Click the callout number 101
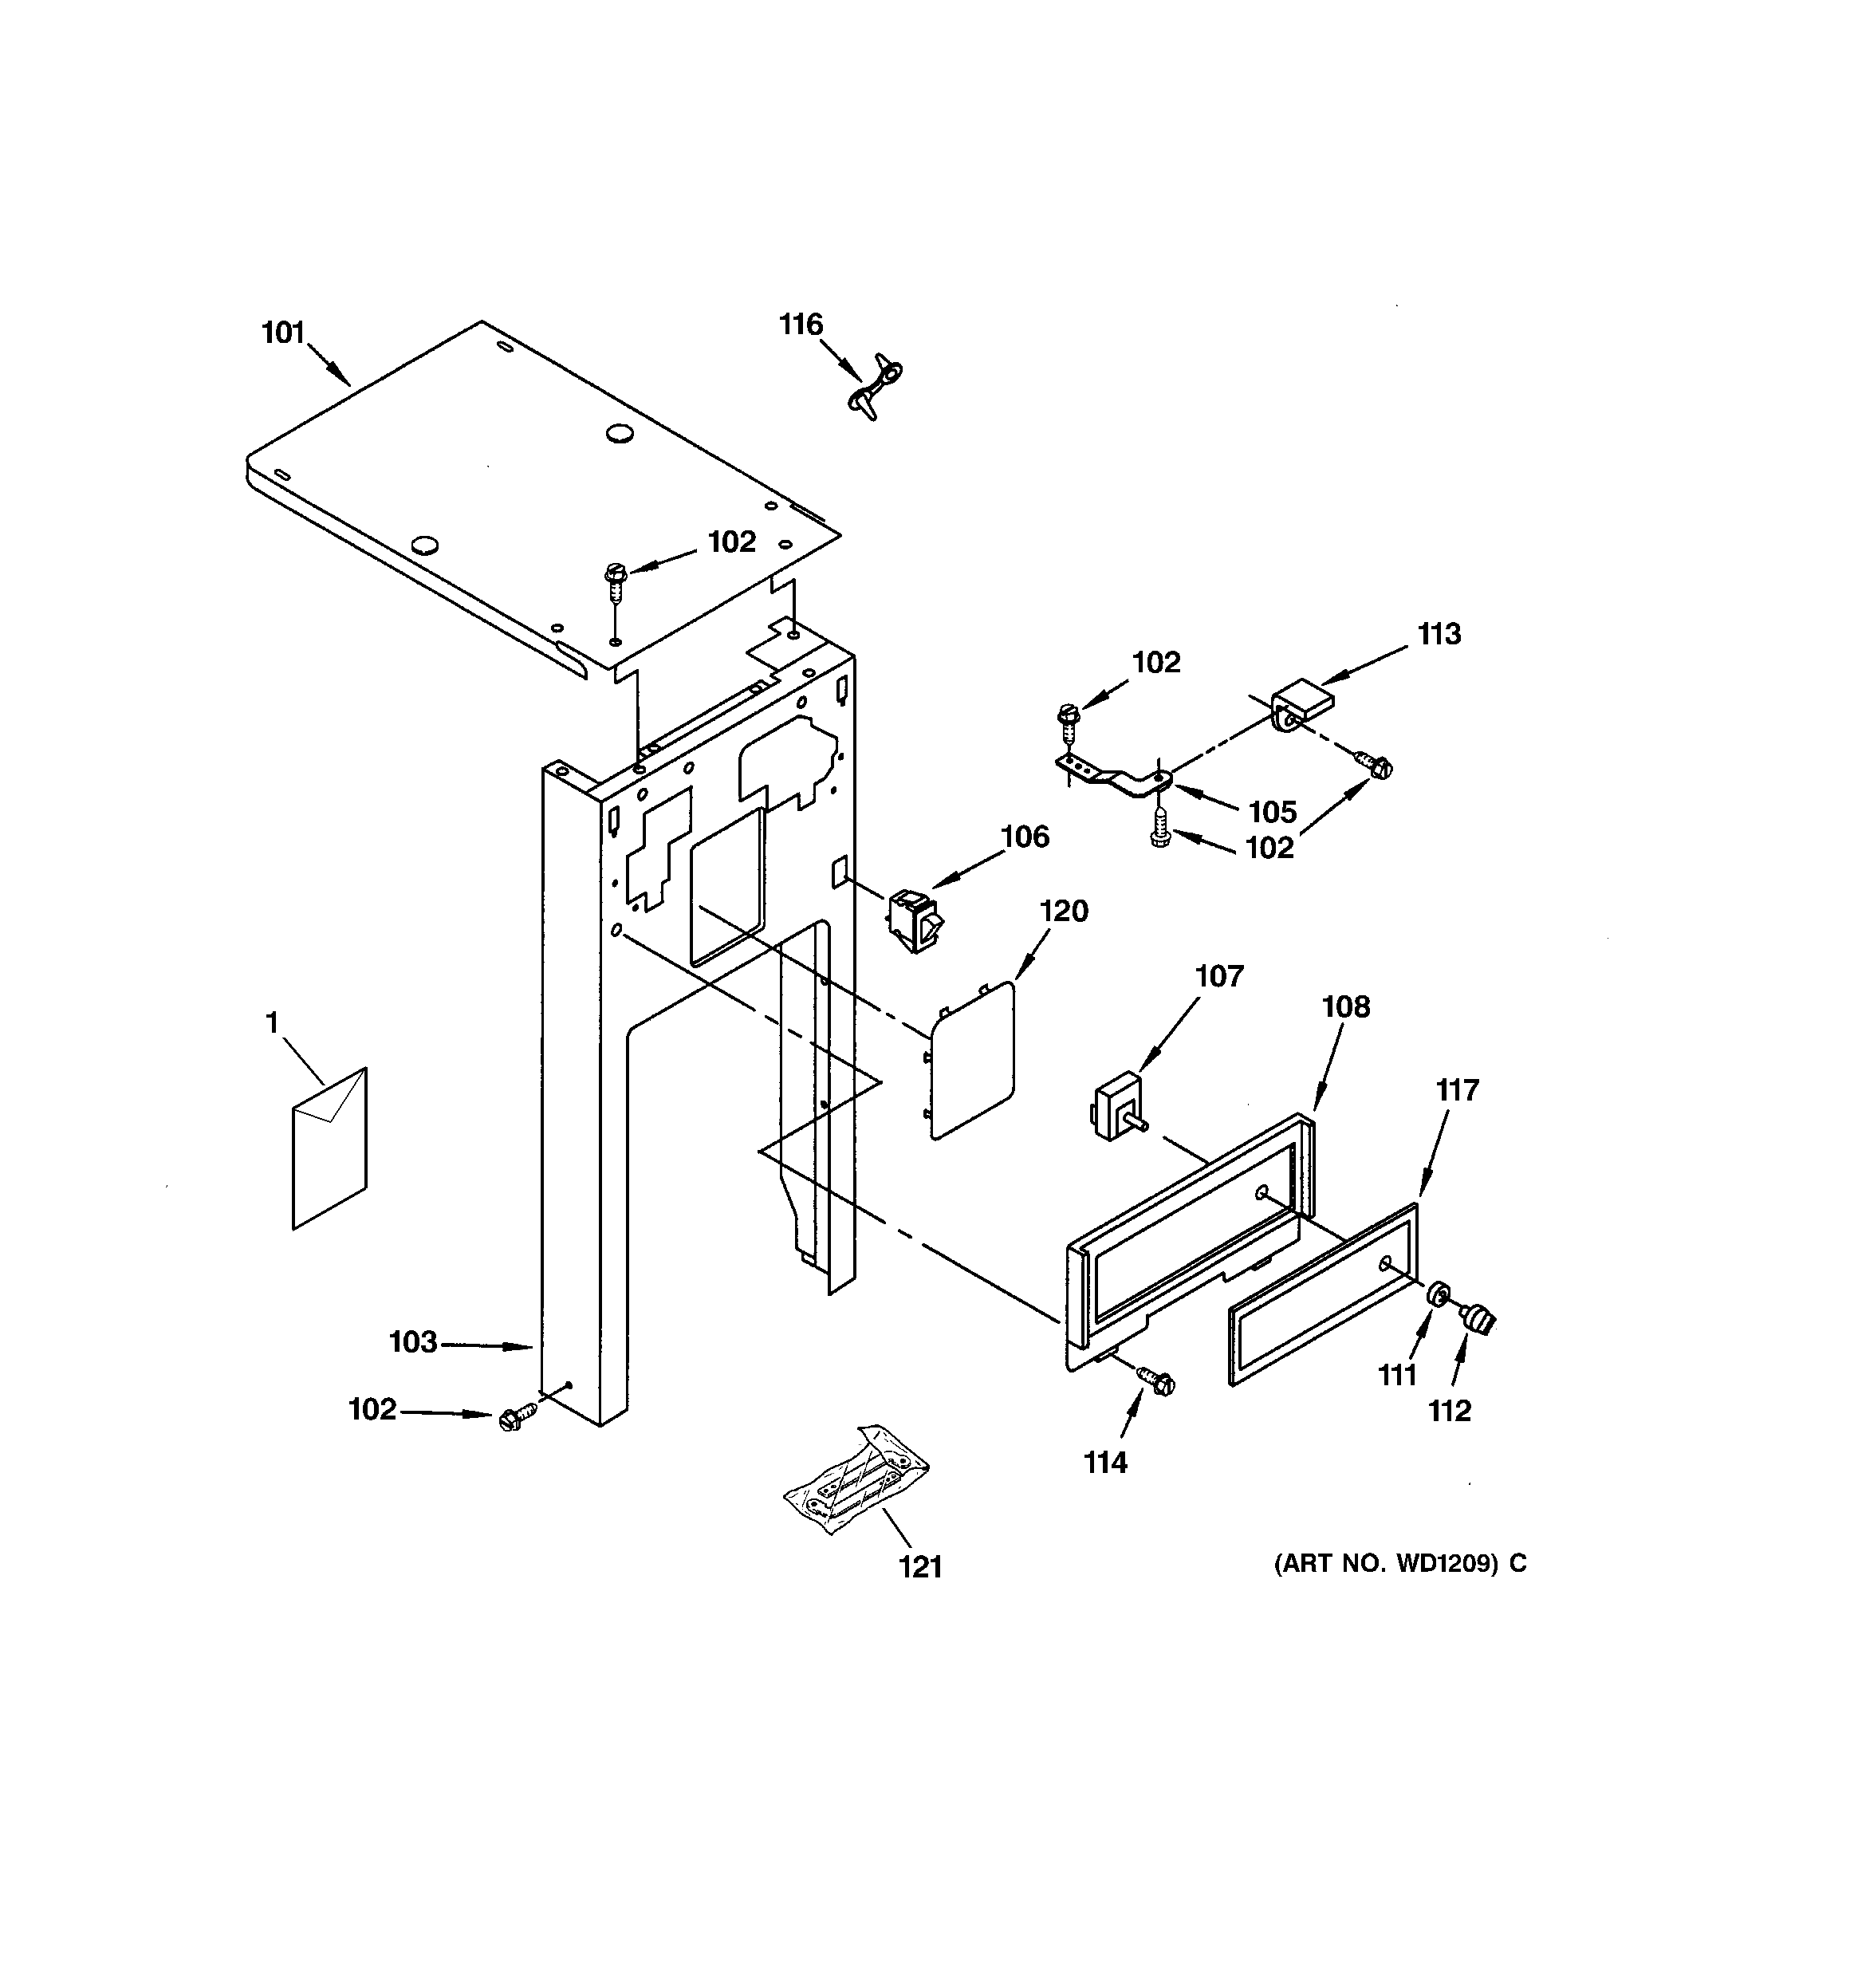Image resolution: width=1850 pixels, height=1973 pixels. click(x=283, y=333)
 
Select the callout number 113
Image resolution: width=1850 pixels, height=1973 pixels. click(x=1438, y=633)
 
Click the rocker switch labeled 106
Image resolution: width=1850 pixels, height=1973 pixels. click(x=915, y=921)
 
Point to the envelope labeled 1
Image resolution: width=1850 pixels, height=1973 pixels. click(x=329, y=1149)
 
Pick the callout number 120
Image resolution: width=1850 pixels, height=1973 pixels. click(x=1064, y=910)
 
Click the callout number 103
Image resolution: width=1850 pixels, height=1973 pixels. click(x=413, y=1342)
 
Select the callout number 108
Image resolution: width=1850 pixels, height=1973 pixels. click(x=1346, y=1006)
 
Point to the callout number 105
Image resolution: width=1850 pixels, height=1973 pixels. click(x=1273, y=812)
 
